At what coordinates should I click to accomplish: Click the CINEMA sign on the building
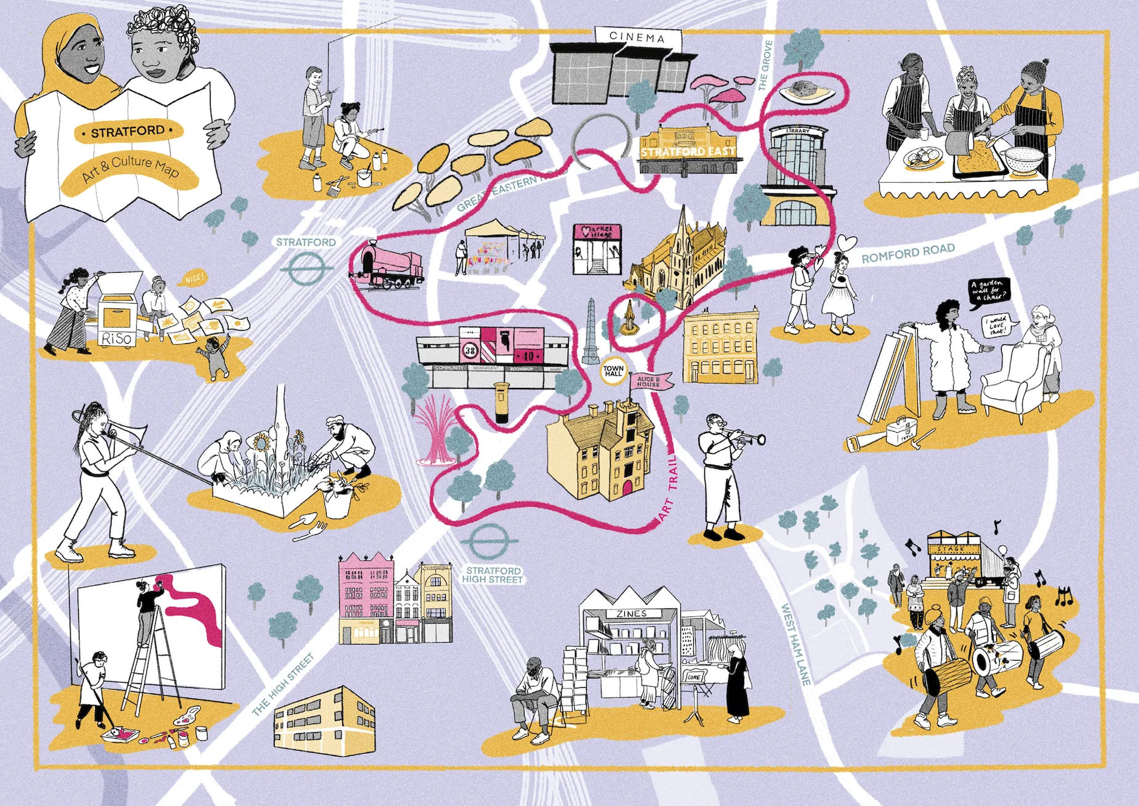click(x=637, y=38)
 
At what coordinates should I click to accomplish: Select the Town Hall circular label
click(x=613, y=371)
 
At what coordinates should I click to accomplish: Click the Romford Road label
click(x=908, y=252)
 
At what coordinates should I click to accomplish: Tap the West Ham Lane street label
click(x=795, y=644)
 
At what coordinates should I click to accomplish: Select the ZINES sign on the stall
click(x=631, y=614)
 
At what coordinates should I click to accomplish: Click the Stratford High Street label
click(x=493, y=575)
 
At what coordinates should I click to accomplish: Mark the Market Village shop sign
click(x=597, y=233)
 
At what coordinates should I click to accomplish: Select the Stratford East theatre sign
click(x=688, y=151)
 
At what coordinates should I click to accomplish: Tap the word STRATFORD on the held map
click(x=128, y=131)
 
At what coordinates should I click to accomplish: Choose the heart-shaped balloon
click(x=847, y=242)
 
